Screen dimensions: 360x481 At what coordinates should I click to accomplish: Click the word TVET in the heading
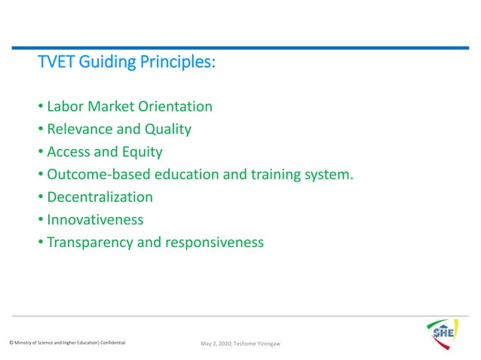(54, 63)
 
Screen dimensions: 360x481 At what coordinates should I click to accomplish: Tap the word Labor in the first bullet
(65, 107)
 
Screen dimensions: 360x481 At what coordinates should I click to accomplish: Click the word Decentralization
(100, 197)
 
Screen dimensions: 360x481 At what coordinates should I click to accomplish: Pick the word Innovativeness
(95, 220)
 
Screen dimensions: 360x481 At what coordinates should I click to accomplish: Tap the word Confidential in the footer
(111, 343)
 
